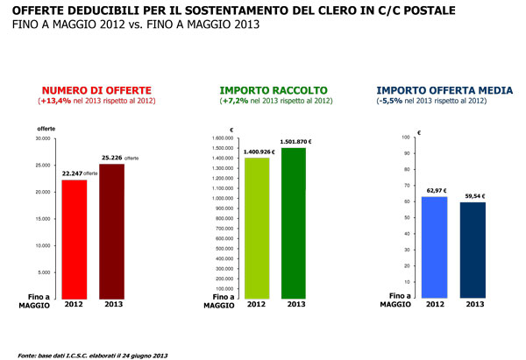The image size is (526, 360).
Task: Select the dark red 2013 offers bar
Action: (x=111, y=230)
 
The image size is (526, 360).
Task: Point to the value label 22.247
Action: (x=72, y=173)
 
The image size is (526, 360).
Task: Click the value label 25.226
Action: (x=110, y=158)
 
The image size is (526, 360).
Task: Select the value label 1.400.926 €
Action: (x=256, y=152)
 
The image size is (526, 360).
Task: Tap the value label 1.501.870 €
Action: (x=295, y=142)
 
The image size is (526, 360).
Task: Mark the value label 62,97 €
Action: (x=435, y=190)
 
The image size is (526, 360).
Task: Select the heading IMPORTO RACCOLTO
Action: (x=274, y=89)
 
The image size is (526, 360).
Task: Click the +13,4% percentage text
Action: (x=53, y=101)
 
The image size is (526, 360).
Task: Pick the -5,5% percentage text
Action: (x=391, y=101)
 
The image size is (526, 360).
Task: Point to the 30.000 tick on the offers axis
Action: (x=42, y=138)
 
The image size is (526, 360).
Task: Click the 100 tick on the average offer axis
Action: (x=404, y=138)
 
